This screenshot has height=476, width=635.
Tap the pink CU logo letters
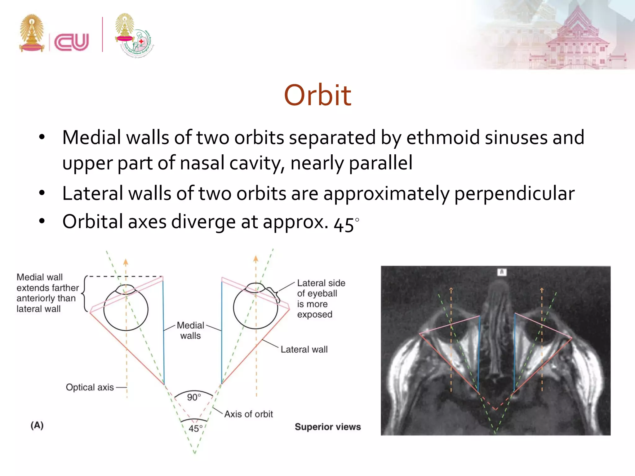pos(72,42)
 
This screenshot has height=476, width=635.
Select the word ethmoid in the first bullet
pos(443,138)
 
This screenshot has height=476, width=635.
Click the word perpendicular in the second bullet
pos(514,194)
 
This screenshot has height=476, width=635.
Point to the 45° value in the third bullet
pos(346,224)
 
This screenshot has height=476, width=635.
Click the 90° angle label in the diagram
pos(194,397)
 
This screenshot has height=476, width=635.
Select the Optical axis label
pos(90,387)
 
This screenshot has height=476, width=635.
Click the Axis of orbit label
pos(248,414)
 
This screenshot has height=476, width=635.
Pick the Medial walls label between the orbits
pos(190,330)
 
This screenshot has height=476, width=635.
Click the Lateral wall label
pos(304,350)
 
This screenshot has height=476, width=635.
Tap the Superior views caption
pos(328,427)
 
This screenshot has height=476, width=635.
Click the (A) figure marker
pos(37,425)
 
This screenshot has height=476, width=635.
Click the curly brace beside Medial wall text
pos(84,293)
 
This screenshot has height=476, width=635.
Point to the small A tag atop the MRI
pos(501,272)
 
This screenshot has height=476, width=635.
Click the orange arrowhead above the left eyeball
pos(126,262)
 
